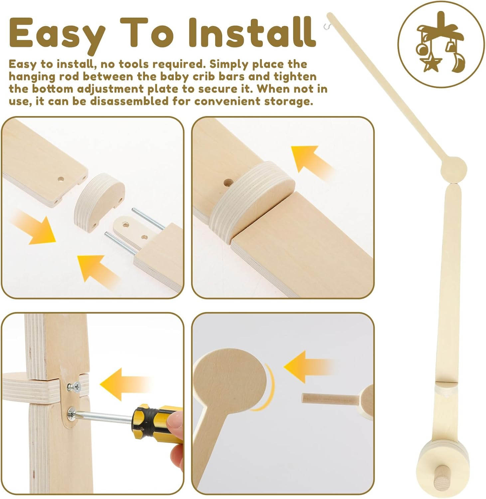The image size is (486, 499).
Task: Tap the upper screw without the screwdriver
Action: tap(74, 387)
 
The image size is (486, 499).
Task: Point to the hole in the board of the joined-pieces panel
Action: tap(228, 183)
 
